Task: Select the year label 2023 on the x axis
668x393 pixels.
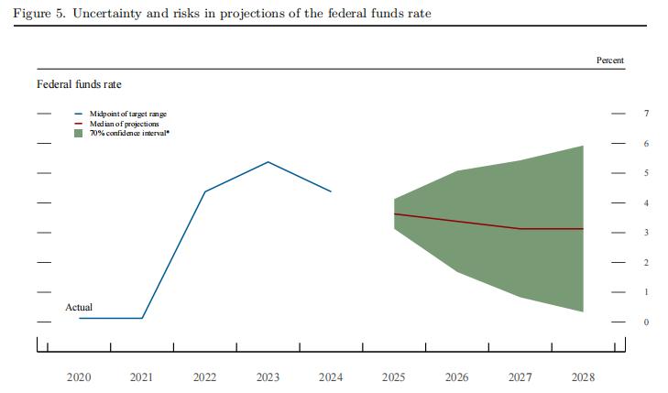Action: (x=268, y=377)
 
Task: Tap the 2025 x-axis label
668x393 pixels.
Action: (x=393, y=377)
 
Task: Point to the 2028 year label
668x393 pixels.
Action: (x=583, y=377)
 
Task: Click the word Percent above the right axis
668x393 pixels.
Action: (x=610, y=60)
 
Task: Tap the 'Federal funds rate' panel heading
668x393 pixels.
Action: (x=80, y=84)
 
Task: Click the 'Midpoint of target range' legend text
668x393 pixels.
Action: (x=128, y=114)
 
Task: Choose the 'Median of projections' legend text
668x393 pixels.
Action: (x=124, y=124)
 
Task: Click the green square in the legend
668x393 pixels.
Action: (x=79, y=134)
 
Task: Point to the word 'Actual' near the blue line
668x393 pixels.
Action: (x=79, y=308)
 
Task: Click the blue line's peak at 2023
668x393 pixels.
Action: (x=268, y=162)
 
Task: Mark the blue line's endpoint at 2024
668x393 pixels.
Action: (x=331, y=191)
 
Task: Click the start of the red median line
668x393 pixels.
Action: (x=394, y=213)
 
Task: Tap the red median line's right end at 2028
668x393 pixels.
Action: (x=583, y=228)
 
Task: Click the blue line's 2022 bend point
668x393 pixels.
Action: (x=204, y=191)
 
